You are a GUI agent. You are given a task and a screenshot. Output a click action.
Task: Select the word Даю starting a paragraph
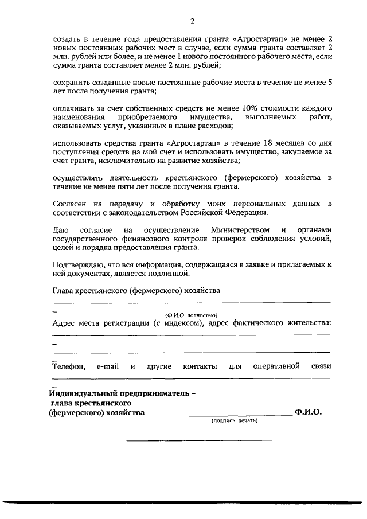pyautogui.click(x=60, y=230)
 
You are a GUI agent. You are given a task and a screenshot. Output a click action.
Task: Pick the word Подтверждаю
pyautogui.click(x=79, y=264)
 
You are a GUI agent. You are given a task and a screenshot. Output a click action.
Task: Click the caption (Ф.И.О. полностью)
pyautogui.click(x=191, y=315)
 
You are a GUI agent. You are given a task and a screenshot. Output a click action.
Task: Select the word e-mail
pyautogui.click(x=108, y=366)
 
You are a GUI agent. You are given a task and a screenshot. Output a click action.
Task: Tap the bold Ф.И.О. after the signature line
pyautogui.click(x=309, y=412)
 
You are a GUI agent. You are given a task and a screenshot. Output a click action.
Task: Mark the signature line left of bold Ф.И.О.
pyautogui.click(x=241, y=414)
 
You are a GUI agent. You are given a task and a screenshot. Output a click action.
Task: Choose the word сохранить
pyautogui.click(x=73, y=83)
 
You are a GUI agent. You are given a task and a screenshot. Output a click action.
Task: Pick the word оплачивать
pyautogui.click(x=75, y=108)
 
